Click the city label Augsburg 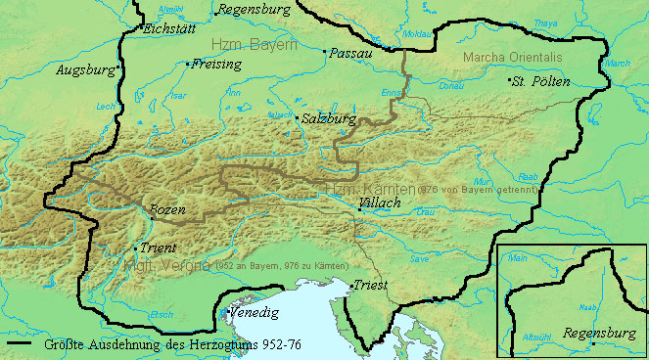coord(84,70)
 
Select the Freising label coord(216,66)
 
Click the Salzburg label coord(327,118)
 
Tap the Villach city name coord(381,203)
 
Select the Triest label coord(374,285)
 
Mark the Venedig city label coord(255,313)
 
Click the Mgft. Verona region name coord(167,266)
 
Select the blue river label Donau coord(453,86)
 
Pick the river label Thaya coord(546,22)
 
